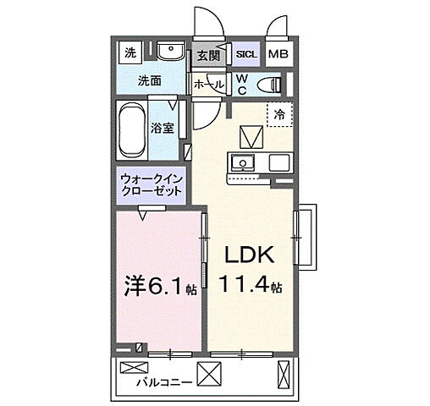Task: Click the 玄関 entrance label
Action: tap(207, 55)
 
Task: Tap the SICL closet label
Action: tap(246, 55)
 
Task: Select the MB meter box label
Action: tap(278, 55)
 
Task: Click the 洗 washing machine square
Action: tap(130, 53)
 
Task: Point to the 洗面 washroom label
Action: tap(150, 82)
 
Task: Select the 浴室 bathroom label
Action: tap(163, 129)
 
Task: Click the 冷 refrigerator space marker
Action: tap(278, 113)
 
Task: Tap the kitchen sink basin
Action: tap(243, 162)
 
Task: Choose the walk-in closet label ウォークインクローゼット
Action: tap(152, 186)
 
